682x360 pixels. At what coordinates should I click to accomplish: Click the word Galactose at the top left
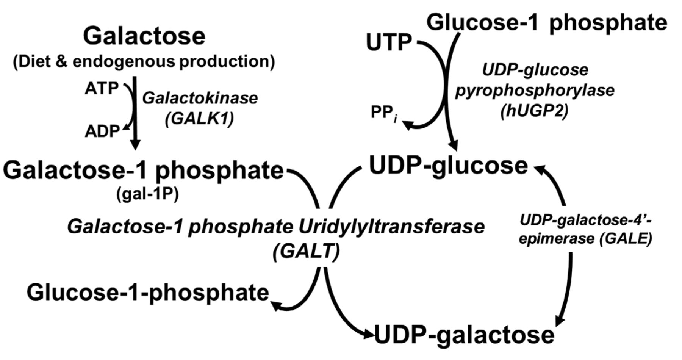tap(144, 36)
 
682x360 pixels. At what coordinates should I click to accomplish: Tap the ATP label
tap(102, 88)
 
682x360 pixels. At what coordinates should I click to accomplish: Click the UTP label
tap(389, 42)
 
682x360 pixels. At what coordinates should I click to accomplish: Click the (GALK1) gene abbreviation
tap(199, 118)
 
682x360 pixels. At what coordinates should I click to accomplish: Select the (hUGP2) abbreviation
tap(534, 111)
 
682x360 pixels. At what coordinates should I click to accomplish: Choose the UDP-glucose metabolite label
tap(448, 166)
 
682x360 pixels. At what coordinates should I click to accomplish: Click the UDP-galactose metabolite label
tap(464, 335)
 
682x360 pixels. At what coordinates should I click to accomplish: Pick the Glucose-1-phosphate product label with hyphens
tap(148, 293)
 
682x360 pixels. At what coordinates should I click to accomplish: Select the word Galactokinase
tap(200, 98)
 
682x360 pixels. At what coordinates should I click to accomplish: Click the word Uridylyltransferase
tap(391, 227)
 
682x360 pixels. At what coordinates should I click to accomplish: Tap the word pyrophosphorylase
tap(534, 90)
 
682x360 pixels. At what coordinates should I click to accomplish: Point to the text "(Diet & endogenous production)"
tap(144, 61)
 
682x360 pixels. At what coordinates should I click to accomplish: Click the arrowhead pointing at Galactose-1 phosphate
tap(135, 145)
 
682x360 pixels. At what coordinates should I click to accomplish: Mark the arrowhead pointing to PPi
tap(408, 125)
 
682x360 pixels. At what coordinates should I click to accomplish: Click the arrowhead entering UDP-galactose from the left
tap(370, 335)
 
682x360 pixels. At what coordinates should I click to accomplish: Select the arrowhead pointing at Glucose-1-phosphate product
tap(275, 305)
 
